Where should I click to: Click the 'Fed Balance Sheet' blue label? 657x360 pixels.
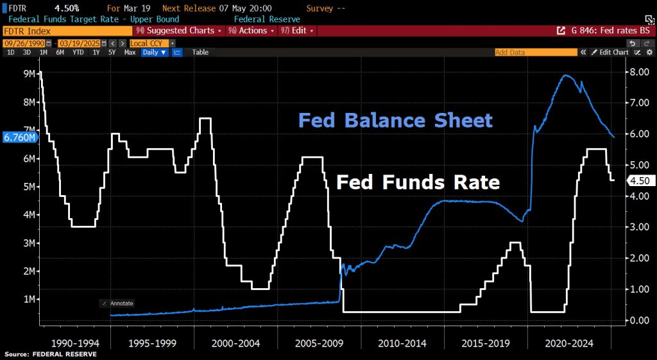395,120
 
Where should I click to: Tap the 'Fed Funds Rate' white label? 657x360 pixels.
418,182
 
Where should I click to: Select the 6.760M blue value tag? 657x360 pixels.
19,137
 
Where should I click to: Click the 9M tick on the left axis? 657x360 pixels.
29,74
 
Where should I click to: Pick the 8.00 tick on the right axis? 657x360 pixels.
640,72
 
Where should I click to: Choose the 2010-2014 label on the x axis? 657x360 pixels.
402,344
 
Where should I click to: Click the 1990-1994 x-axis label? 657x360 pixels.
75,344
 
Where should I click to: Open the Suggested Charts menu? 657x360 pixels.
180,31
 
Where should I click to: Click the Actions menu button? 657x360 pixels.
252,31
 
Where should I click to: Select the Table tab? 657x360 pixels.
200,53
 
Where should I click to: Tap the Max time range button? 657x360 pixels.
130,53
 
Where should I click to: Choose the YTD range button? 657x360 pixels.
78,53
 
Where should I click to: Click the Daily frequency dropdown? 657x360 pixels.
155,53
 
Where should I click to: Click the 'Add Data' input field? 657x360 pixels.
536,53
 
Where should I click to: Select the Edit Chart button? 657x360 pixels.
610,53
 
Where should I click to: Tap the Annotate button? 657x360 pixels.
118,304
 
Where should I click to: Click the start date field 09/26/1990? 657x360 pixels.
24,43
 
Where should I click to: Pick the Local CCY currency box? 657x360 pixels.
149,43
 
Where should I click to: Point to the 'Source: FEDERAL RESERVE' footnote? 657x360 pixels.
51,355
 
